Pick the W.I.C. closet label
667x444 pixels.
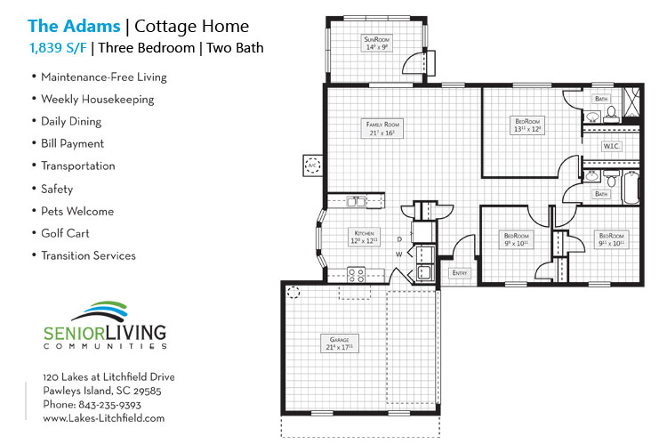(x=611, y=145)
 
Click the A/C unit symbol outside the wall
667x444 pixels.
(x=312, y=165)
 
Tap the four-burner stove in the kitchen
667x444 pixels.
(x=357, y=275)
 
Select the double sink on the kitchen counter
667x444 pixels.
(x=356, y=202)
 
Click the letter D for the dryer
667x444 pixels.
(x=399, y=238)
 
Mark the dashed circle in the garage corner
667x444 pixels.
(x=294, y=292)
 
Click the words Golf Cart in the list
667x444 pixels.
(x=65, y=233)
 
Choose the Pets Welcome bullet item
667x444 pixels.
(x=77, y=211)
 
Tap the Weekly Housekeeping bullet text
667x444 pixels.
(x=98, y=99)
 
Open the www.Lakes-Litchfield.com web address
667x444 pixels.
(x=104, y=417)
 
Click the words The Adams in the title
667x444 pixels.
(x=73, y=27)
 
